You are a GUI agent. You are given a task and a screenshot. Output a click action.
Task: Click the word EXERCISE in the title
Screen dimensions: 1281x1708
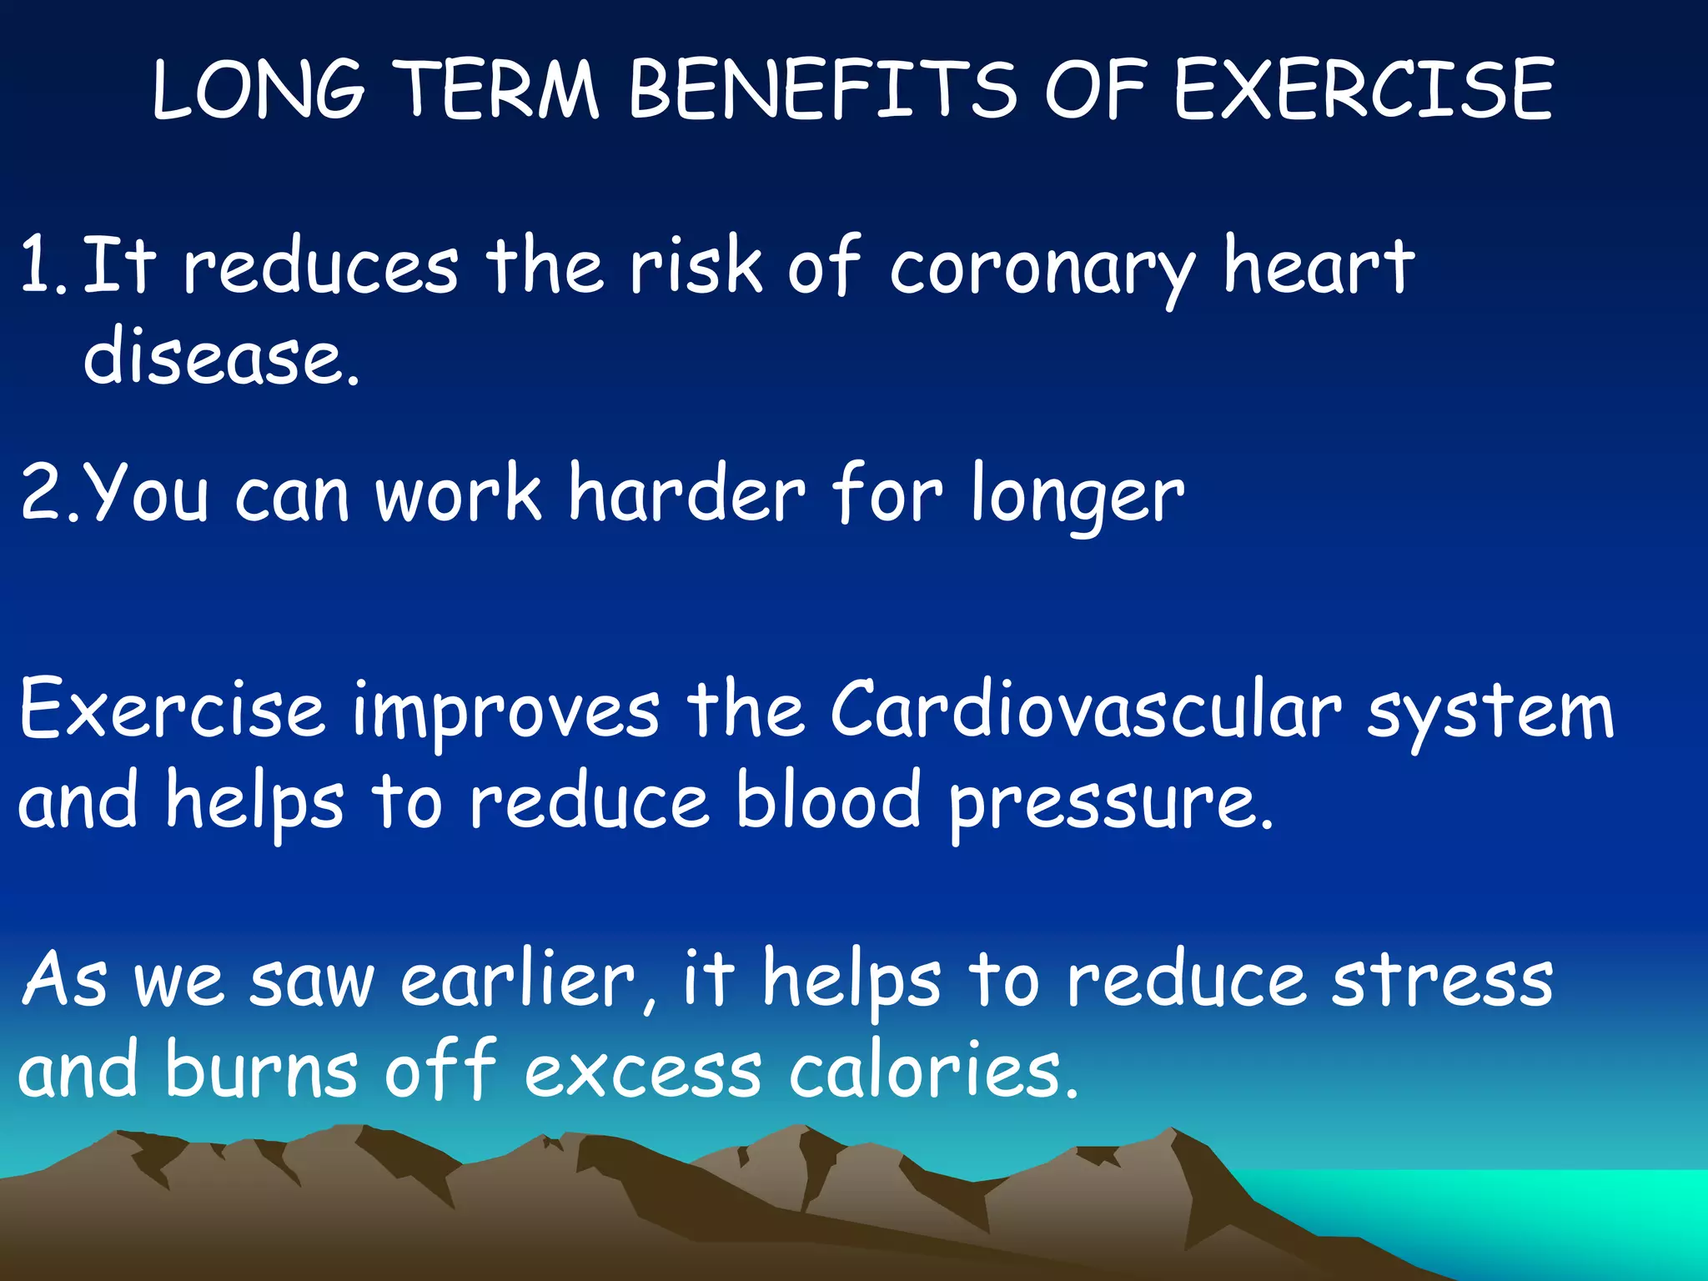[1364, 89]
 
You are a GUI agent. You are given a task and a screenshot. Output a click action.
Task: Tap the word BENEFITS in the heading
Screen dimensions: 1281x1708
[821, 89]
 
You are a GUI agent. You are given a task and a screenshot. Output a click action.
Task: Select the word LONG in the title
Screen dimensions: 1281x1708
[259, 89]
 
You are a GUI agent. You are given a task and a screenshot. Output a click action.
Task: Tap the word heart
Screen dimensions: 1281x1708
[1319, 265]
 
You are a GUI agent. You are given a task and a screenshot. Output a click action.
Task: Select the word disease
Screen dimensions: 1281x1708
[221, 357]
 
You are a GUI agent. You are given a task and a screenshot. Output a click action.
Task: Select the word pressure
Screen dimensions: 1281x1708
[1109, 806]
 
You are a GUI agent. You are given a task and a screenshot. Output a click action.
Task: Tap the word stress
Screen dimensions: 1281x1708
[1442, 981]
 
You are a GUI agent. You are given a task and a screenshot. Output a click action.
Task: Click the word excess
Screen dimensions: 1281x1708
[642, 1073]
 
